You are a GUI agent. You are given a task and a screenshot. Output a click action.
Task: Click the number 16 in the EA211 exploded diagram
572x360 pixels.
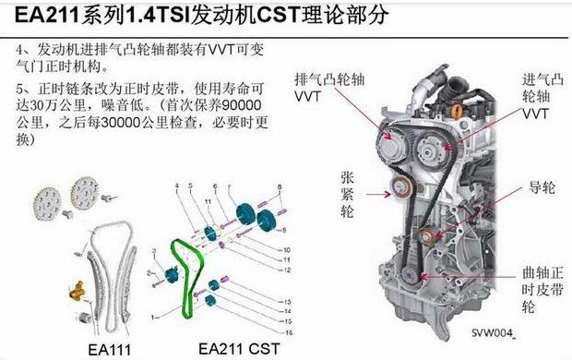coord(288,330)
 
